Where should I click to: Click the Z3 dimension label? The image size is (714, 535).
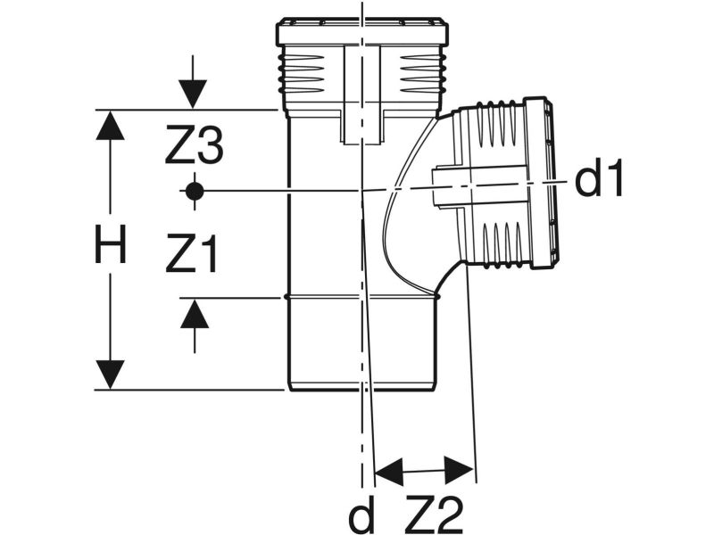click(194, 145)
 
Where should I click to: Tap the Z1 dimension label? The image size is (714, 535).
click(192, 253)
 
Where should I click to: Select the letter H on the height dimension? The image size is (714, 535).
click(110, 245)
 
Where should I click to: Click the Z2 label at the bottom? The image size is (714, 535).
click(433, 514)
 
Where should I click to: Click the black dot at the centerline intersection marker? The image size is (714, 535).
click(195, 191)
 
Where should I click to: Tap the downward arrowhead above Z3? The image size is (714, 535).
click(193, 95)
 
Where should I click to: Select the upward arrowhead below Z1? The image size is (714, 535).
click(195, 314)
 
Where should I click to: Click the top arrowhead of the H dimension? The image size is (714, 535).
click(110, 125)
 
